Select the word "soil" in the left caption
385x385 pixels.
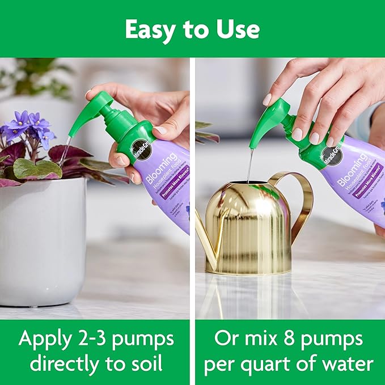[x=149, y=363]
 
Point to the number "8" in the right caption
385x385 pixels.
[x=281, y=339]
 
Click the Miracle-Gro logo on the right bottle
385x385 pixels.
[x=325, y=158]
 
